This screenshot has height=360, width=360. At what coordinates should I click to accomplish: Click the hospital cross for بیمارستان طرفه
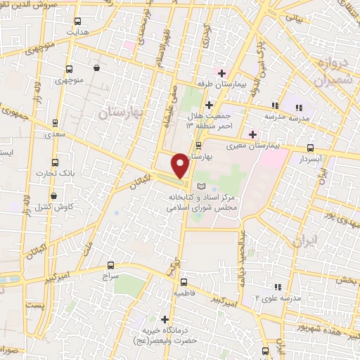coord(221,73)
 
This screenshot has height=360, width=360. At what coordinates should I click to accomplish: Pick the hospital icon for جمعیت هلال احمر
coord(209,105)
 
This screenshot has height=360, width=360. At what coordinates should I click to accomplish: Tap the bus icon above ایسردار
coord(310,148)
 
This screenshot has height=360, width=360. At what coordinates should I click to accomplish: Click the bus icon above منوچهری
coord(69,70)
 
